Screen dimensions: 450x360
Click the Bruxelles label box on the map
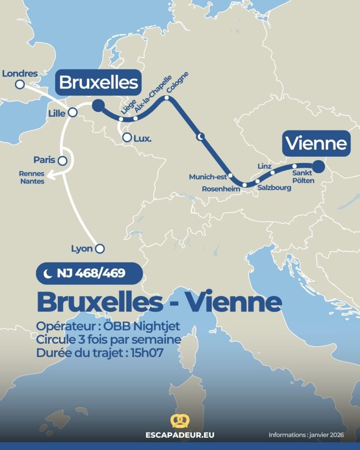tap(98, 83)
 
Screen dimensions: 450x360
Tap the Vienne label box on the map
tap(316, 143)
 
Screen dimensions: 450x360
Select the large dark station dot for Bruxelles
tap(98, 105)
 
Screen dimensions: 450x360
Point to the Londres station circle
tap(20, 84)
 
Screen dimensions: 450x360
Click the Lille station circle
tap(73, 113)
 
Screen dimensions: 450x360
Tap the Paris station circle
tap(63, 161)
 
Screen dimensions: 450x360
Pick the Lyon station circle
tap(100, 249)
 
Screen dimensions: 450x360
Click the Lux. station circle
tap(127, 138)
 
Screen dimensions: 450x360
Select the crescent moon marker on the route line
tap(201, 137)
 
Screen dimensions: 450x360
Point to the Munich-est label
tap(207, 177)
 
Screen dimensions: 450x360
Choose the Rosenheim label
tap(221, 189)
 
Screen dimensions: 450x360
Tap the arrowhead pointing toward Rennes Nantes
tap(49, 177)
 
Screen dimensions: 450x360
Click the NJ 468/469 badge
tap(90, 273)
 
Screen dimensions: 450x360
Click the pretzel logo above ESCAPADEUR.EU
tap(179, 421)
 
